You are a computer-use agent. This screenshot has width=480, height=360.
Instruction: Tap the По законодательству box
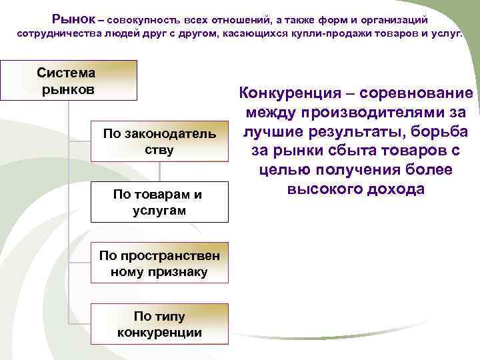click(159, 141)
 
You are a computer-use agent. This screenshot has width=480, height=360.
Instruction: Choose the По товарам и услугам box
click(159, 202)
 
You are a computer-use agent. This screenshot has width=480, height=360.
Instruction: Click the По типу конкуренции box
click(159, 324)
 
